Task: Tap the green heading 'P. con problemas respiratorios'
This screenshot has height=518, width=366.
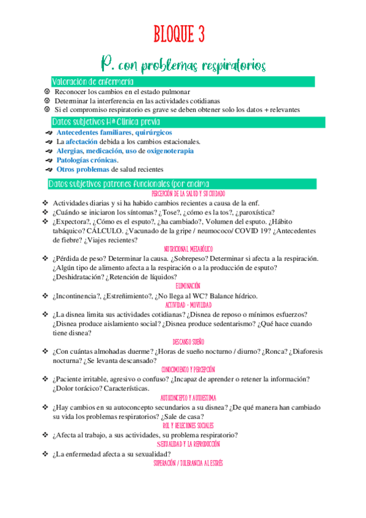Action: coord(183,64)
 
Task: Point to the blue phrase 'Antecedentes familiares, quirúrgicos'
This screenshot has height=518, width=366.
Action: coord(114,132)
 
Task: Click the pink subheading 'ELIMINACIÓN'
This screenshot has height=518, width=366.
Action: coord(188,285)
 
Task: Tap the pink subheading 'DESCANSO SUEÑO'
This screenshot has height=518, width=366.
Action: coord(188,341)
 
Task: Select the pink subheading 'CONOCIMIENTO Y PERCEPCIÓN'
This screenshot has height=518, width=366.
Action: coord(188,370)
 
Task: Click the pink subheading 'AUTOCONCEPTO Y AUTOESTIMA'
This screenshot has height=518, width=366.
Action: coord(188,398)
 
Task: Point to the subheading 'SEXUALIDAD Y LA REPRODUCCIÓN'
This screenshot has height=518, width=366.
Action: coord(188,444)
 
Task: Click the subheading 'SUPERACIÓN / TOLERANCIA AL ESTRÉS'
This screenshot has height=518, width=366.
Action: coord(188,463)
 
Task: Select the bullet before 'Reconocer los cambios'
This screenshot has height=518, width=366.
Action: coord(46,92)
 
